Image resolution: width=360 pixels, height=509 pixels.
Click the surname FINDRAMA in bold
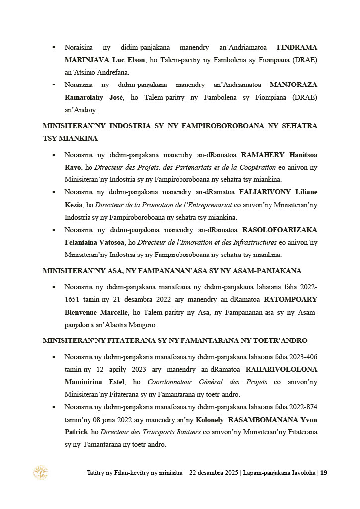(297, 47)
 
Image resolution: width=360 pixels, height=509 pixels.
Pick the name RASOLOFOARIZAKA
(279, 230)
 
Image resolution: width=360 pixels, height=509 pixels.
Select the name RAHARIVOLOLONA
(281, 369)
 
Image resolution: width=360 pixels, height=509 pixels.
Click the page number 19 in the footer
(323, 473)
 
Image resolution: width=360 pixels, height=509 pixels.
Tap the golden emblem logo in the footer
(40, 472)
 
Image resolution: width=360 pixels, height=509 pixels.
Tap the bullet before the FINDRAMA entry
(54, 47)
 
